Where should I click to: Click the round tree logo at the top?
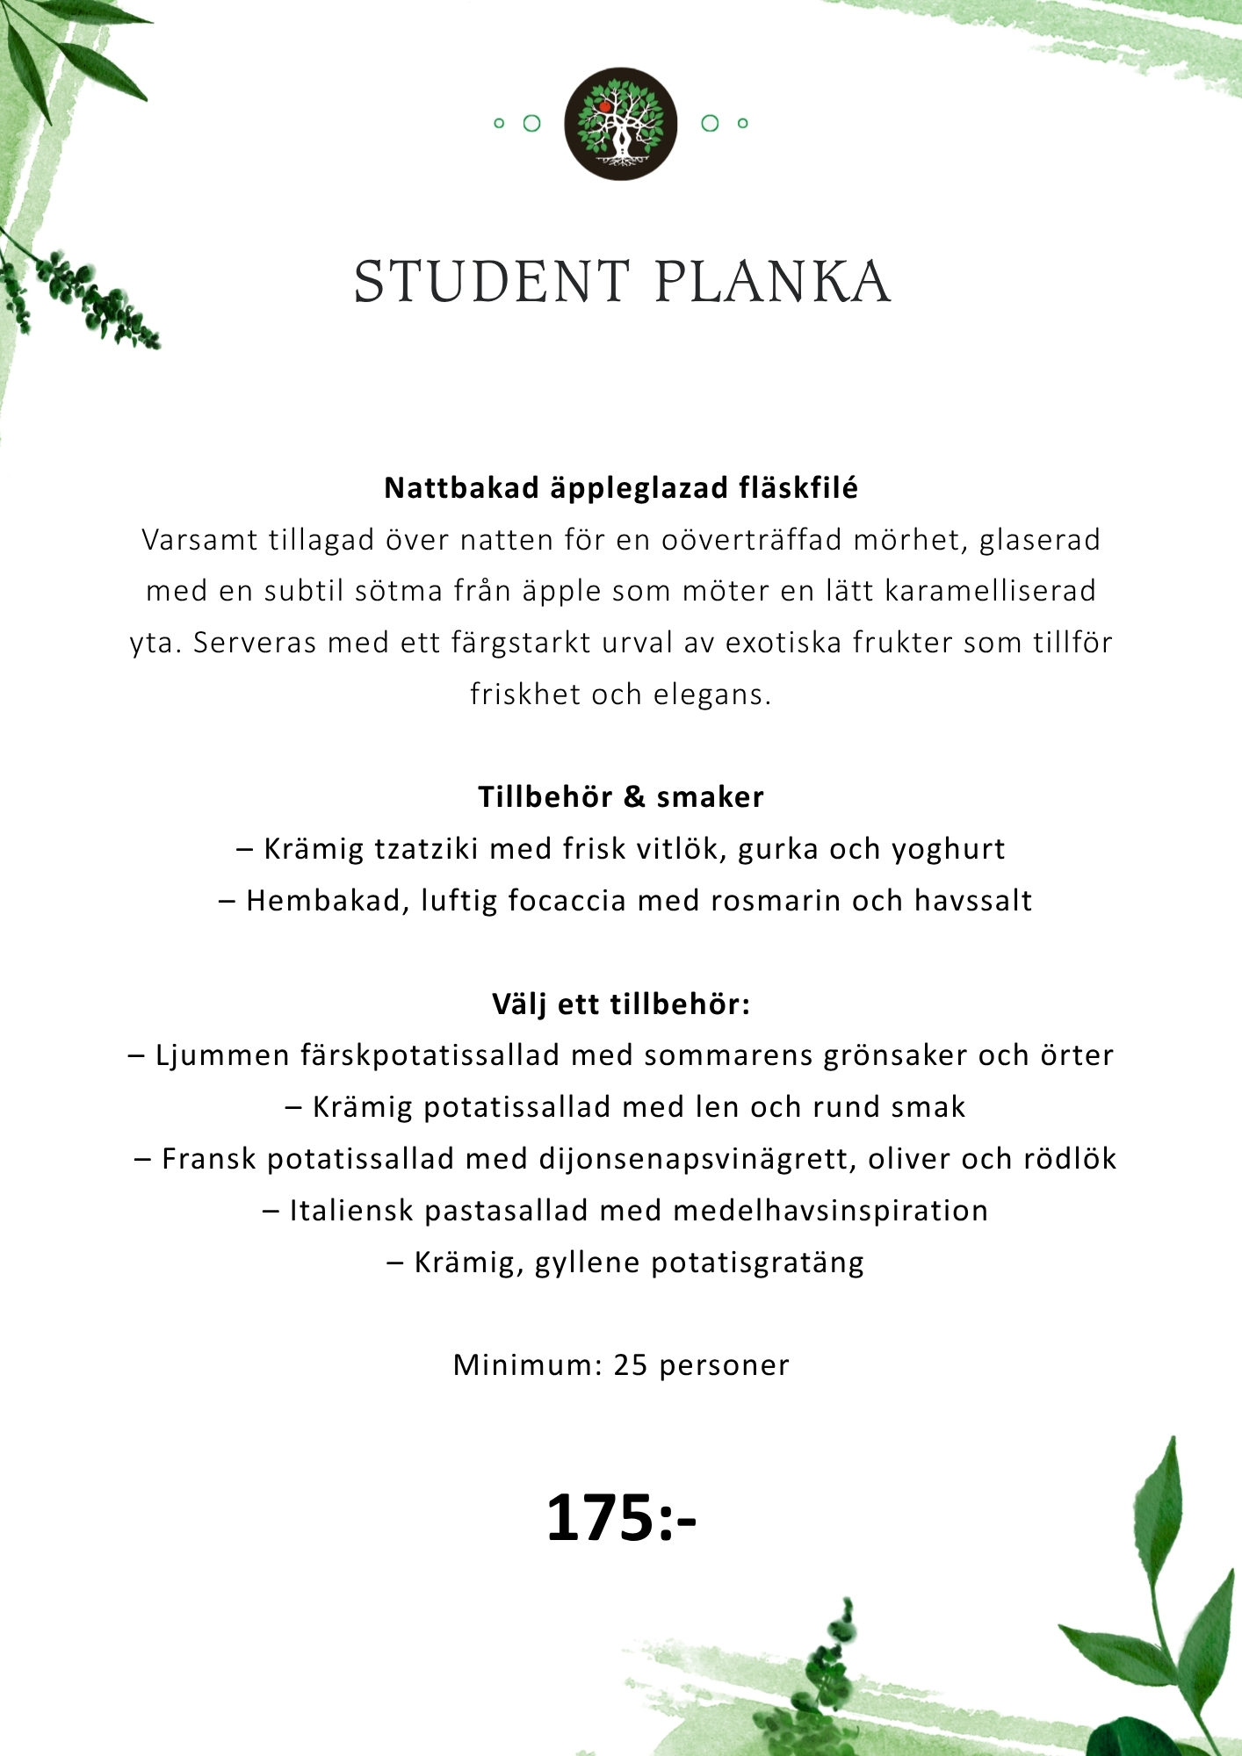(x=620, y=124)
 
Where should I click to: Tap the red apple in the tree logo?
(x=604, y=106)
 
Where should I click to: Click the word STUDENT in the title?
(x=492, y=283)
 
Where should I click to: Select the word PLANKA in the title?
(x=773, y=283)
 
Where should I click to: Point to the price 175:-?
(x=621, y=1518)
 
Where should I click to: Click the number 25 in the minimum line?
(x=631, y=1365)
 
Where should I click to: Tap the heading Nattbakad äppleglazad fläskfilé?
(x=621, y=488)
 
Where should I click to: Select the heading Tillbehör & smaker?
(x=621, y=797)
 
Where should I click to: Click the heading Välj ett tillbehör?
(x=621, y=1004)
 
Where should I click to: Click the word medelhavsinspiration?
(x=830, y=1212)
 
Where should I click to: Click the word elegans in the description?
(x=711, y=695)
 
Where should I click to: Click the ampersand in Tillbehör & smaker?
(x=634, y=797)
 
